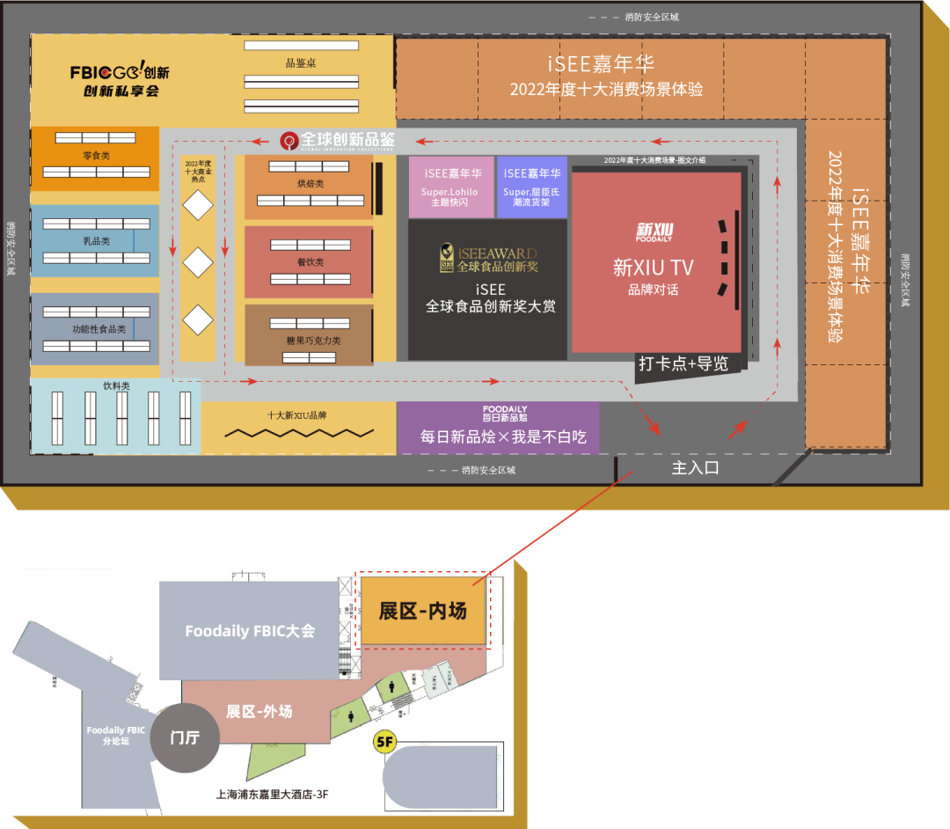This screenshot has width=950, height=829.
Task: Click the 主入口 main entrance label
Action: click(695, 468)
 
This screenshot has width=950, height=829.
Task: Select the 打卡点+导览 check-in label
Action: click(683, 363)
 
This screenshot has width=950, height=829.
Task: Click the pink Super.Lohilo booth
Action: click(451, 187)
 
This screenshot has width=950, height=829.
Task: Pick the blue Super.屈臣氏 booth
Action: click(532, 187)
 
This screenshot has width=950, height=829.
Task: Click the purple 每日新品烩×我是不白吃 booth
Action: click(498, 429)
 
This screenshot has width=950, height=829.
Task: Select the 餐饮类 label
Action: click(310, 262)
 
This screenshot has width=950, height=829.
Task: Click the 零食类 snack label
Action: click(96, 156)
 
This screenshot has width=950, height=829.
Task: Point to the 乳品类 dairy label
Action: click(96, 240)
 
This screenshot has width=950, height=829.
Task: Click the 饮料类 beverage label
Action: click(116, 385)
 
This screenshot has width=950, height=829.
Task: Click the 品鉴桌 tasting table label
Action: click(301, 63)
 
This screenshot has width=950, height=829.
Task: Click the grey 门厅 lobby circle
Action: click(185, 737)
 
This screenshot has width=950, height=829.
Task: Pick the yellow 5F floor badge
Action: click(384, 741)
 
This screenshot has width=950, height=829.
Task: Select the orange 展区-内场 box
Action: click(422, 611)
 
